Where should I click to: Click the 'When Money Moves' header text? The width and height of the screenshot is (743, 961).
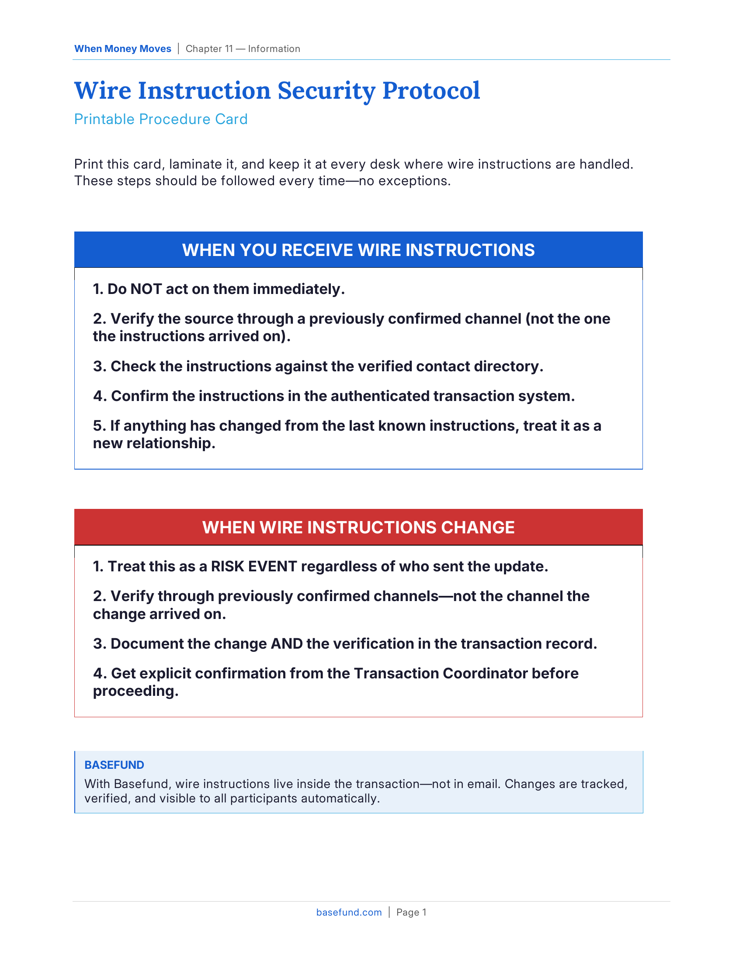[122, 49]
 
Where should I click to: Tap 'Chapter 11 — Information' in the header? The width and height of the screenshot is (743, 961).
[243, 49]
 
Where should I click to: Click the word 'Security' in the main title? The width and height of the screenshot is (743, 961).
[326, 91]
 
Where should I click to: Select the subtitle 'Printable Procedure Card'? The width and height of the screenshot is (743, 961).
[161, 119]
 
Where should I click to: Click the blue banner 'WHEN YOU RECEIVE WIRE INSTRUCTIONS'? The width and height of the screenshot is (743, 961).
[358, 250]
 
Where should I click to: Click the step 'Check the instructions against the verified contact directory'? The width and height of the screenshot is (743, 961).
[318, 366]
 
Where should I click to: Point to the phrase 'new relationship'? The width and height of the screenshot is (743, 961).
[154, 443]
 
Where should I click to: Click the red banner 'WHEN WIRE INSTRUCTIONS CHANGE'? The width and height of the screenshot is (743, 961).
[358, 527]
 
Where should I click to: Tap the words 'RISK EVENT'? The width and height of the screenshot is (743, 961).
[254, 566]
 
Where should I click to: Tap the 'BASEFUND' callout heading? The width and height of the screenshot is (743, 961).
[114, 765]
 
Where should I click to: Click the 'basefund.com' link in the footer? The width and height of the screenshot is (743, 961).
[349, 912]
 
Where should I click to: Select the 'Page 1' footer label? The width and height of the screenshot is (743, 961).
[411, 912]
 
